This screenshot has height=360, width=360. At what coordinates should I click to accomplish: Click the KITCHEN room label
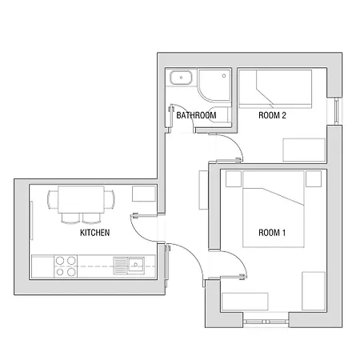[94, 234]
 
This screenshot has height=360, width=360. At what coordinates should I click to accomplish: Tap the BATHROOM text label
[196, 116]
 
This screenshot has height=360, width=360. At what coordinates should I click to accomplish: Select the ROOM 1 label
[271, 233]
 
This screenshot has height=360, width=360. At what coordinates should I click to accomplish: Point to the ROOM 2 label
[272, 115]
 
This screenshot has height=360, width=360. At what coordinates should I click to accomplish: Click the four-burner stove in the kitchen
[66, 266]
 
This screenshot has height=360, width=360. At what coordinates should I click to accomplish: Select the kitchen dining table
[80, 199]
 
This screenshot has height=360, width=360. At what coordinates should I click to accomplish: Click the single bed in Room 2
[275, 88]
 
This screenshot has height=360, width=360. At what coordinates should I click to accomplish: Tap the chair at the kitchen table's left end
[52, 199]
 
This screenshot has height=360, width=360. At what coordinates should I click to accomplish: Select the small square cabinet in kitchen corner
[144, 194]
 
